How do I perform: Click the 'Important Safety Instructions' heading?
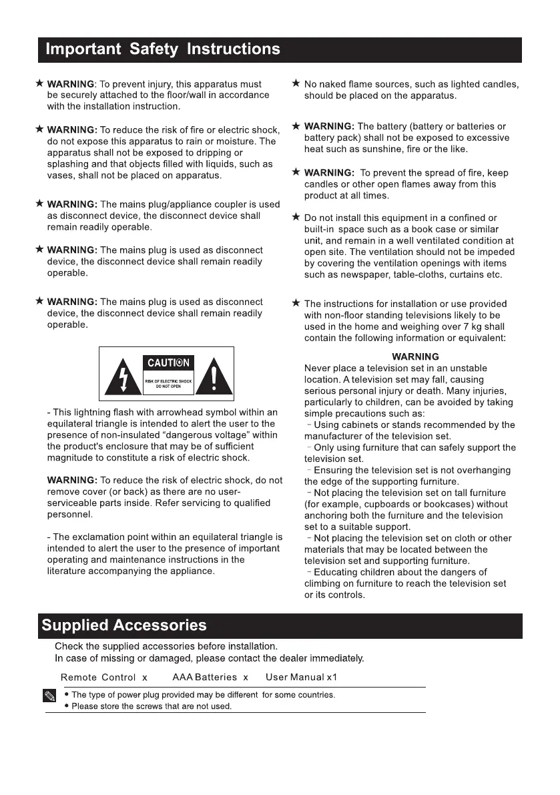click(162, 49)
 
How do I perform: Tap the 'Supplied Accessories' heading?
click(124, 625)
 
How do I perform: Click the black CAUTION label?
click(168, 363)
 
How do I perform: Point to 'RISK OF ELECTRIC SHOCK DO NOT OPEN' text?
click(168, 383)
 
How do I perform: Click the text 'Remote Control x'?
click(104, 678)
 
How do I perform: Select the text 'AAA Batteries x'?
click(210, 678)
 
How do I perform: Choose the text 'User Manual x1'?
click(302, 678)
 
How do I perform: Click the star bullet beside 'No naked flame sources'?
click(296, 84)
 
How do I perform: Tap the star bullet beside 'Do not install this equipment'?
click(296, 218)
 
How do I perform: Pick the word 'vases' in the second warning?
click(59, 176)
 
